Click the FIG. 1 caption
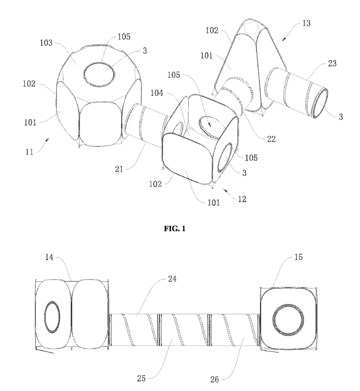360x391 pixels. point(175,228)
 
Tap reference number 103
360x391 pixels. point(46,43)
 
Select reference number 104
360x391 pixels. point(157,93)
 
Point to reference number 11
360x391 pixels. point(29,152)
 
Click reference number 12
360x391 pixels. point(242,199)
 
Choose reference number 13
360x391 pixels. point(306,23)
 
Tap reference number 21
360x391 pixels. point(119,169)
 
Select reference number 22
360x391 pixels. point(271,139)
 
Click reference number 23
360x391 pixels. point(332,64)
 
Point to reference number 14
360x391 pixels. point(49,257)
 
